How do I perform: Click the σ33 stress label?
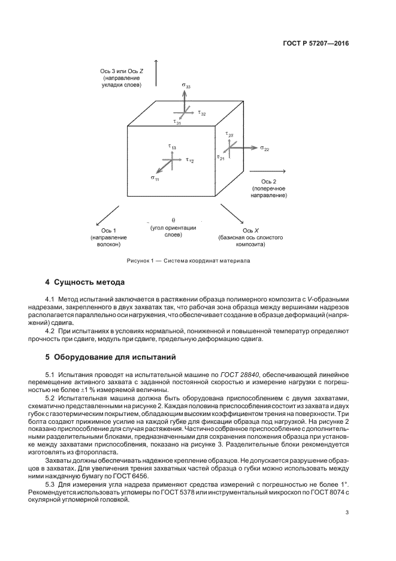point(186,86)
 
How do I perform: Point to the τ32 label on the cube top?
point(202,113)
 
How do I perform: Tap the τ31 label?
point(178,122)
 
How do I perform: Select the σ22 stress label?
point(265,148)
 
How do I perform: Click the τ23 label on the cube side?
point(229,135)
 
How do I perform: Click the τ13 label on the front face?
point(172,146)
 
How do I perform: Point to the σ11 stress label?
point(155,178)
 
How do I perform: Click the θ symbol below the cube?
point(173,220)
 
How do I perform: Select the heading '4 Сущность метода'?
point(85,282)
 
